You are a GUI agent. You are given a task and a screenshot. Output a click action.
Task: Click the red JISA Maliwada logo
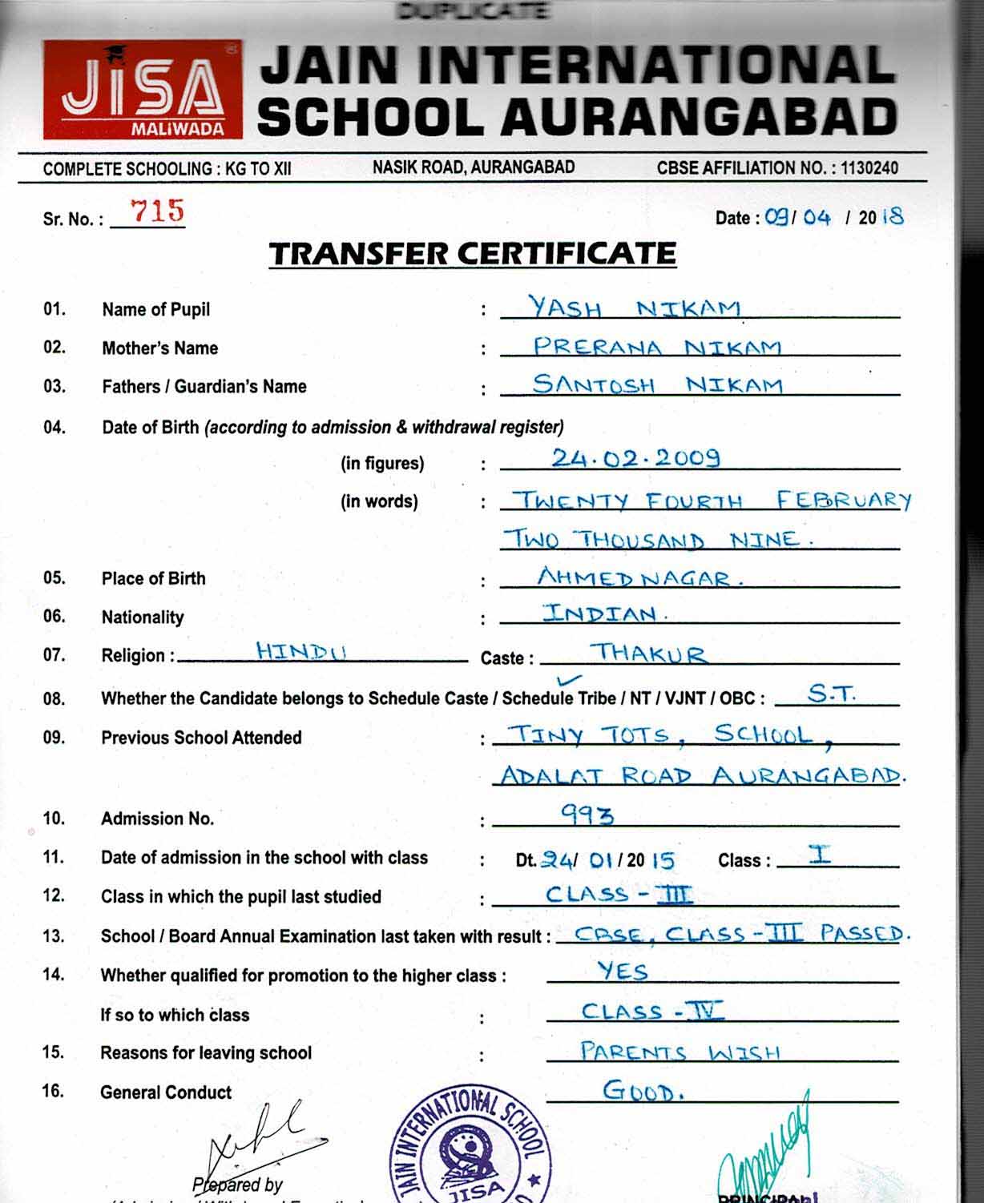[143, 90]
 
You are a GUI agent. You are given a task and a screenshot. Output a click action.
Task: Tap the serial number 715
[157, 211]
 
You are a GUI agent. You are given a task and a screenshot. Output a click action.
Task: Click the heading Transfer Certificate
[473, 254]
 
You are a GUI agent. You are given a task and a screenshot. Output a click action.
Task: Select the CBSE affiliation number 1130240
[869, 168]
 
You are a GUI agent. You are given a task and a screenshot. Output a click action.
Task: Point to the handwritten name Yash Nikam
[633, 308]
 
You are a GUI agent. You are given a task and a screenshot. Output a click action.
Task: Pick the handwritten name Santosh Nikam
[657, 385]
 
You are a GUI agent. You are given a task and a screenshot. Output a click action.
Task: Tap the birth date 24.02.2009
[635, 457]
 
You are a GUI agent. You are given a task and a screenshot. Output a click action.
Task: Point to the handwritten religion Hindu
[301, 651]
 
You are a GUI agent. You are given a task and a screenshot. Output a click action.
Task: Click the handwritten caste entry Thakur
[649, 654]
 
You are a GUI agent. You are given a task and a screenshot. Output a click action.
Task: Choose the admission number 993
[587, 815]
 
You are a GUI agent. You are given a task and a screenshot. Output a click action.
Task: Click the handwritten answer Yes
[623, 972]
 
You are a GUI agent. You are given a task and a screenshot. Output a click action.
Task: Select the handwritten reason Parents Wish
[680, 1051]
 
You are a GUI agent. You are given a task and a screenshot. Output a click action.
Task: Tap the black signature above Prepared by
[252, 1137]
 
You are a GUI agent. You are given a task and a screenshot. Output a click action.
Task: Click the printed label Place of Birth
[153, 578]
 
